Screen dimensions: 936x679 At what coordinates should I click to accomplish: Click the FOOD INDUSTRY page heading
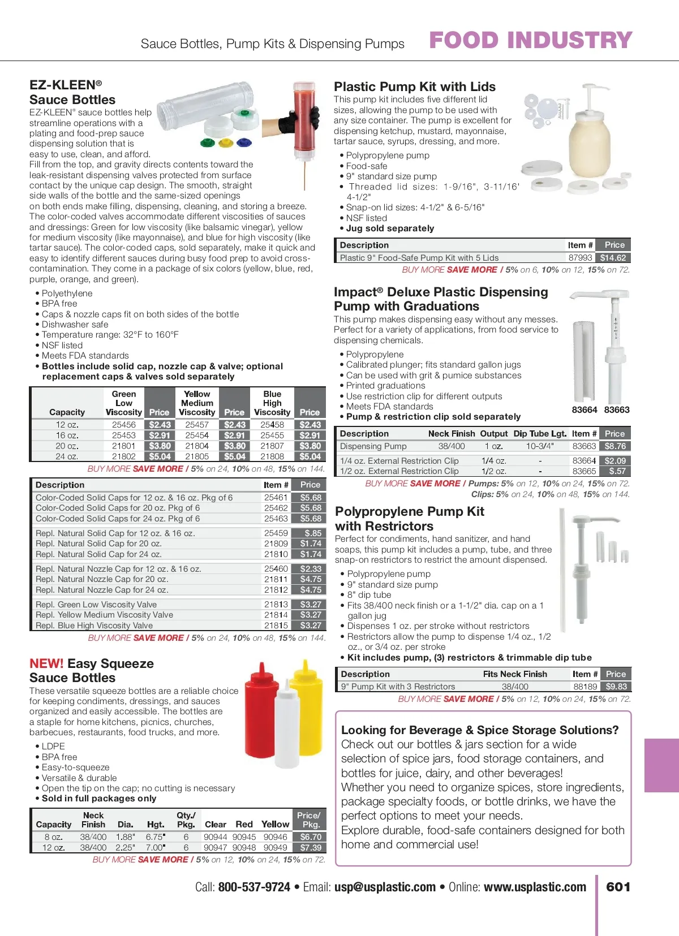pos(530,40)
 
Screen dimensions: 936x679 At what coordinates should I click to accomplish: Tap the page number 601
pos(618,887)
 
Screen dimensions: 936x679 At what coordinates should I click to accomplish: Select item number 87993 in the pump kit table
pos(580,258)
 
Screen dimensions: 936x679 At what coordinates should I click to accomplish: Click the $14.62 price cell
pos(613,258)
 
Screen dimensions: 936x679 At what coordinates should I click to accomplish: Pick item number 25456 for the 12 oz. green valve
pos(123,425)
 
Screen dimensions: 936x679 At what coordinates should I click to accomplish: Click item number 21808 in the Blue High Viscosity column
pos(272,456)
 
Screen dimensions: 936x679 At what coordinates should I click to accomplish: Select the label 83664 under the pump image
pos(585,410)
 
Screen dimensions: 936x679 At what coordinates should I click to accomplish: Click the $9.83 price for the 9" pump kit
pos(616,687)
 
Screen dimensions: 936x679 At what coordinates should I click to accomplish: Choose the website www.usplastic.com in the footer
pos(535,887)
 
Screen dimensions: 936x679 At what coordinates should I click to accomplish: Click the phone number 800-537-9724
pos(254,887)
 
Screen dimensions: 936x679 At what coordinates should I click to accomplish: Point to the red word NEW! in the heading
pos(46,663)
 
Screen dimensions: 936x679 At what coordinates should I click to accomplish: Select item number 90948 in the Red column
pos(244,848)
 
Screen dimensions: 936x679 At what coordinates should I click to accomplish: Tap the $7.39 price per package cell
pos(311,848)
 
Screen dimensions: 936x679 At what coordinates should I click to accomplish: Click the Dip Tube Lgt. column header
pos(540,434)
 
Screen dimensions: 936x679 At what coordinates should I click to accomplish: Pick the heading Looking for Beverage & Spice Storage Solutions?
pos(480,730)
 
